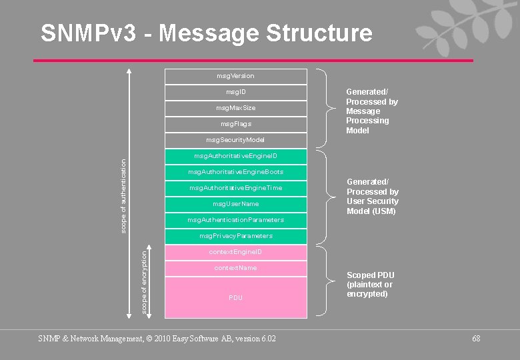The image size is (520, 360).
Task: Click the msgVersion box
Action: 235,76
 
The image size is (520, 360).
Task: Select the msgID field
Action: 235,92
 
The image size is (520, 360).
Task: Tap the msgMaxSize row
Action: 235,108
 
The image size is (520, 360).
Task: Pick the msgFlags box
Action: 235,124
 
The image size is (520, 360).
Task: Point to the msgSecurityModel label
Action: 235,140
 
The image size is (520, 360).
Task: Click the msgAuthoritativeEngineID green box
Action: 235,156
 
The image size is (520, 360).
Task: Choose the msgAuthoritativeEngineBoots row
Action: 235,172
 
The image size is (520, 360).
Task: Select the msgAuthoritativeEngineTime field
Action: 235,188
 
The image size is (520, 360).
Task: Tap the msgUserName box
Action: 235,204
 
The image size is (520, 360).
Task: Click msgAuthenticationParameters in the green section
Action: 235,220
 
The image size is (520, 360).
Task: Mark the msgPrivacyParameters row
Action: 235,236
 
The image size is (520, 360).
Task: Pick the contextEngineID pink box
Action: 235,252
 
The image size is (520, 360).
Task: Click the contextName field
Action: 235,268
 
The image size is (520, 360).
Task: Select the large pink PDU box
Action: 235,297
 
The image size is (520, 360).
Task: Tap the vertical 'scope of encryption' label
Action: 144,279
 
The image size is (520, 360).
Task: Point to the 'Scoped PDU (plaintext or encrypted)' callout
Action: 370,284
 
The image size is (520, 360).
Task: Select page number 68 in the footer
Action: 476,339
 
